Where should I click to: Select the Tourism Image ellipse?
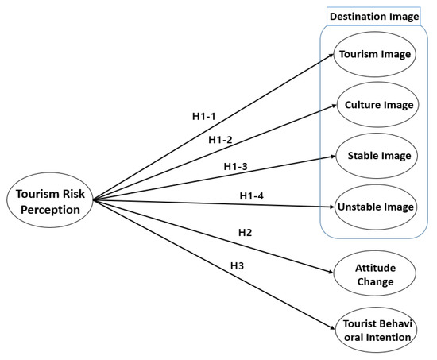375,55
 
